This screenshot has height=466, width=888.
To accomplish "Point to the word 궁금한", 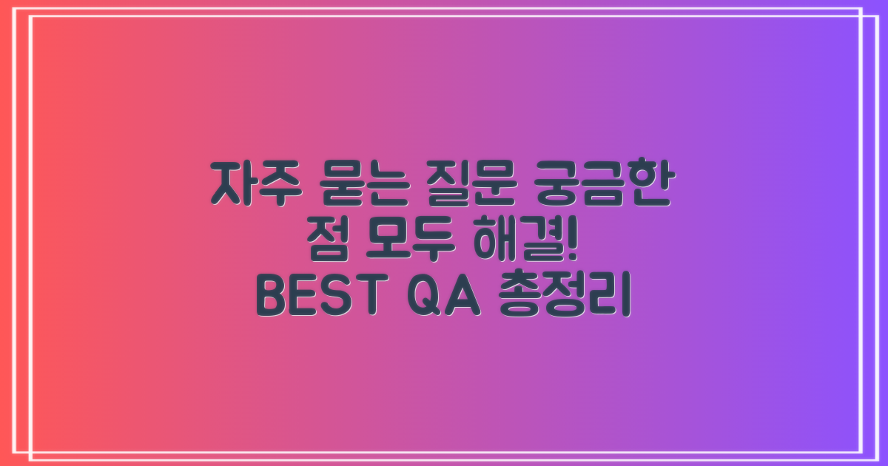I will tap(605, 186).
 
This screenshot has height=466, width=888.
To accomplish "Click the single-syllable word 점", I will tap(325, 243).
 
